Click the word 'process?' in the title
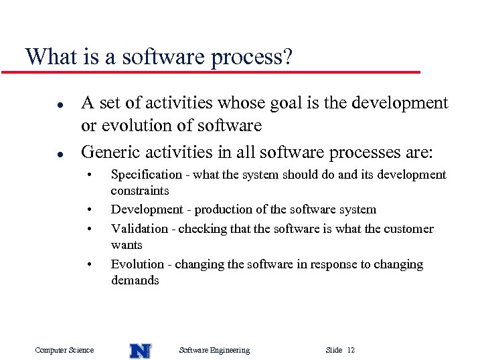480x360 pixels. (252, 57)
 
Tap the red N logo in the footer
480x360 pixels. (140, 350)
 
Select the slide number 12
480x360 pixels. (351, 350)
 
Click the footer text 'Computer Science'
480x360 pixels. (64, 350)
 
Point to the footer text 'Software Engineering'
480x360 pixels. (214, 350)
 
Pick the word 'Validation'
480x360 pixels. (139, 229)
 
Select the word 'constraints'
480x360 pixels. (140, 191)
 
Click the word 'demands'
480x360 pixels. (135, 280)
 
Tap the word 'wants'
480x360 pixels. (127, 245)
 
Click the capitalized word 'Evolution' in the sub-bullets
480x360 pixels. (137, 264)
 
